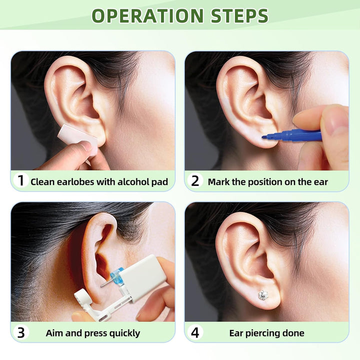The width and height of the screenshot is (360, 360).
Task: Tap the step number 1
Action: tap(20, 181)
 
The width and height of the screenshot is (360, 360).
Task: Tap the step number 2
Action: tap(194, 181)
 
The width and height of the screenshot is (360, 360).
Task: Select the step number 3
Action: tap(20, 332)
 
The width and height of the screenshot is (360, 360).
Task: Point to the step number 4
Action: tap(194, 332)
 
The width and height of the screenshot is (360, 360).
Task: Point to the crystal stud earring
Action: tap(263, 295)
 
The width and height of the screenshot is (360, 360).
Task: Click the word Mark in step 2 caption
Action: tap(218, 182)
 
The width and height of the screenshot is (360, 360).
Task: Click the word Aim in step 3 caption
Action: tap(54, 333)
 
